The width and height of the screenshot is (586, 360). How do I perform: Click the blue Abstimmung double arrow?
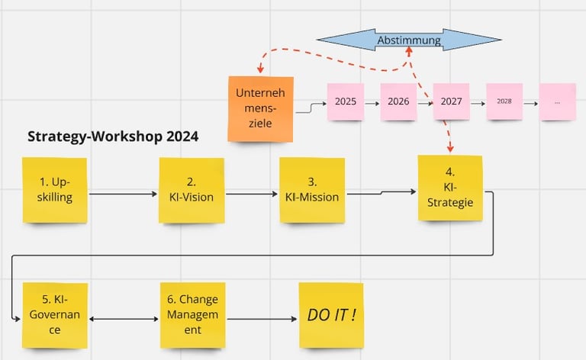(409, 40)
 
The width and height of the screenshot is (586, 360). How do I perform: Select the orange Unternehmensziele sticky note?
(260, 108)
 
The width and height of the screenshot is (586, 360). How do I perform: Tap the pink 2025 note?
(345, 101)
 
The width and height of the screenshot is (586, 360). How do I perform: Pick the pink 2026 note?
(398, 101)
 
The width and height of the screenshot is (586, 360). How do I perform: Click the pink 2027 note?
(451, 101)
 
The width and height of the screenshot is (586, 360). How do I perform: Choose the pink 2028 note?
(504, 101)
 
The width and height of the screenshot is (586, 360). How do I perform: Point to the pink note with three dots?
(557, 101)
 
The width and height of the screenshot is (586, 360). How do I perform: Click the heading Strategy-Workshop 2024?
(113, 137)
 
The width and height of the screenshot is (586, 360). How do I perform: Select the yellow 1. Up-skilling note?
(55, 190)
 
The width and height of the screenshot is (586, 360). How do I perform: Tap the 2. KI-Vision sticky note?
(192, 190)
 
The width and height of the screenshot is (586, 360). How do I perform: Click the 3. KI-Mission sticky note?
(312, 190)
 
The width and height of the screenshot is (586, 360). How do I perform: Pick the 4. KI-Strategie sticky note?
(449, 188)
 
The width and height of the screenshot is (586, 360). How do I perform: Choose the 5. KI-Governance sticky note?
(55, 315)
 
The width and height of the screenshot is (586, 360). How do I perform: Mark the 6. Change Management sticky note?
(192, 315)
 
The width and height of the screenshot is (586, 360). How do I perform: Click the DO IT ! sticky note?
(330, 315)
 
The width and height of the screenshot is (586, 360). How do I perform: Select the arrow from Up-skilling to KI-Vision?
(123, 194)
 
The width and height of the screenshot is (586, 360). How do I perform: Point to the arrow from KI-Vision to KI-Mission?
(252, 194)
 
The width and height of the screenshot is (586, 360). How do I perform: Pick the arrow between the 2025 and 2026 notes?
(372, 101)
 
